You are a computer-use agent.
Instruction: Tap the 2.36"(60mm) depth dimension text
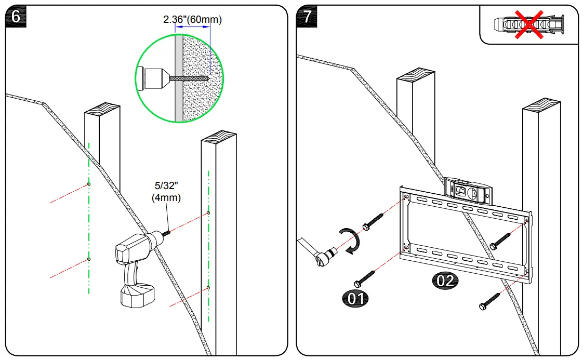pyautogui.click(x=192, y=20)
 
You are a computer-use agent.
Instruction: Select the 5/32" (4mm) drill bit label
pyautogui.click(x=166, y=192)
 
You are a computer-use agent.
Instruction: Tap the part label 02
pyautogui.click(x=445, y=281)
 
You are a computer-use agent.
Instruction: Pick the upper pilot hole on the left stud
pyautogui.click(x=89, y=184)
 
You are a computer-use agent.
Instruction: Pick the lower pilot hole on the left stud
pyautogui.click(x=89, y=259)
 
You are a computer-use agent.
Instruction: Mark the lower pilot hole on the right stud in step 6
pyautogui.click(x=208, y=287)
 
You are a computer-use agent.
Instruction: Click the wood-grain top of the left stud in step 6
pyautogui.click(x=102, y=111)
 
